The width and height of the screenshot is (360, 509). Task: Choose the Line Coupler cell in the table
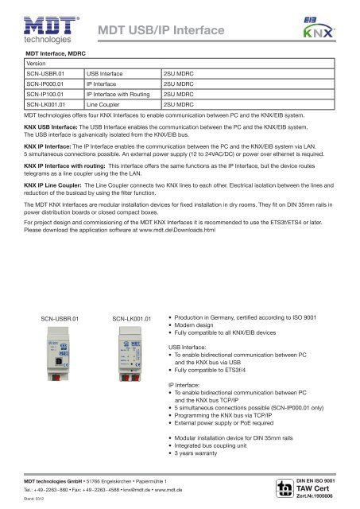103,104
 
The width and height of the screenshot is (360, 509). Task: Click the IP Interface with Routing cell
118,93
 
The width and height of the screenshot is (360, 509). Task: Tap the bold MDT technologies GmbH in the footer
58,481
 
